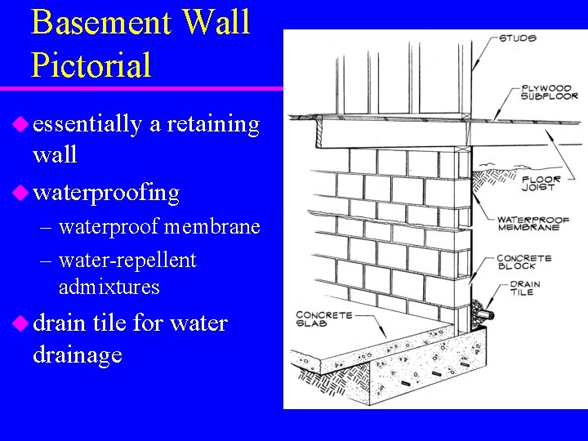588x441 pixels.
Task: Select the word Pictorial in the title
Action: point(91,65)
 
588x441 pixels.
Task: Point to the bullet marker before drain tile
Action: point(20,323)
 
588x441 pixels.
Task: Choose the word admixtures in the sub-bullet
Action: point(109,287)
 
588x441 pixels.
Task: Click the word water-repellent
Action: point(127,261)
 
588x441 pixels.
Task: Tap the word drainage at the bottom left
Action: point(78,354)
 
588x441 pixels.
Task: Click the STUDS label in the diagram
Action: point(517,38)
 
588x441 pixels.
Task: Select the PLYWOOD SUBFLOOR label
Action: point(550,91)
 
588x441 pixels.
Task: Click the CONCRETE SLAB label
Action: point(323,318)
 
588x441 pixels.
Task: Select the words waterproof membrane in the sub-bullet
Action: point(159,225)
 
